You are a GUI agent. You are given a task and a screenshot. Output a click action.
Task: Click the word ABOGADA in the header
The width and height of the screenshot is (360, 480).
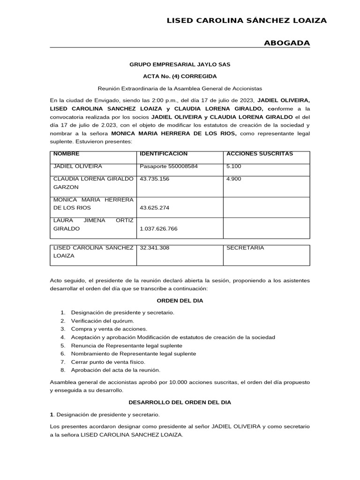[287, 43]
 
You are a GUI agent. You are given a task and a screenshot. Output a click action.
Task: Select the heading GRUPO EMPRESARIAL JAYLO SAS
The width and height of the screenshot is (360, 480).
[180, 64]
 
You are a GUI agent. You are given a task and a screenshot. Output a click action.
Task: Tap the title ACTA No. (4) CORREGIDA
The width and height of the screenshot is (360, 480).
[180, 76]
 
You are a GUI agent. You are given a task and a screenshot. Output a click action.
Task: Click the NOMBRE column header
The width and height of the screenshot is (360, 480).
[67, 154]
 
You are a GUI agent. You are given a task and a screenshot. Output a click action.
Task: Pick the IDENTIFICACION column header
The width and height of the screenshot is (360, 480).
[164, 154]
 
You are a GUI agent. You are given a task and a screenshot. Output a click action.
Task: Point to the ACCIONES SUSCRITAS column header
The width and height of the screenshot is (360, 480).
[259, 154]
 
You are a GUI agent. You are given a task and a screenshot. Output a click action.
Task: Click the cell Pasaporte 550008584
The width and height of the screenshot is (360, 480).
[169, 166]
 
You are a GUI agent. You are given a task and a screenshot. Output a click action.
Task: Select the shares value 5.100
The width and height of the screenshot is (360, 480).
[234, 166]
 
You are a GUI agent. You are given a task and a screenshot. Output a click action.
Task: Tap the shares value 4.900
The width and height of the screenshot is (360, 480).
[234, 179]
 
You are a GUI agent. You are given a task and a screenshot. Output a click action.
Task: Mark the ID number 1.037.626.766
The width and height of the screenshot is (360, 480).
[158, 229]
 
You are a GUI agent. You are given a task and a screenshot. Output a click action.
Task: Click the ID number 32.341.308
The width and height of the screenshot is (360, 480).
[153, 248]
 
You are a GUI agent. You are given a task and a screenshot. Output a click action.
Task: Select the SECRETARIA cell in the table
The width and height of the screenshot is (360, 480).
[245, 248]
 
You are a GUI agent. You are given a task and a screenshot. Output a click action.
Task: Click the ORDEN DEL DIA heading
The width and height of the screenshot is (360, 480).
[180, 300]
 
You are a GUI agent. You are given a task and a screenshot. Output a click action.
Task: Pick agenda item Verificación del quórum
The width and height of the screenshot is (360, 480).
[102, 321]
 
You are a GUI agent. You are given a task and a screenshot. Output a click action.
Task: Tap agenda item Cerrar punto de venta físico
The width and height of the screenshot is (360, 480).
[108, 362]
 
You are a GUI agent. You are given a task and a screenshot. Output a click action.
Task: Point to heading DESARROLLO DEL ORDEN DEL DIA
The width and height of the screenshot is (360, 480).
[180, 402]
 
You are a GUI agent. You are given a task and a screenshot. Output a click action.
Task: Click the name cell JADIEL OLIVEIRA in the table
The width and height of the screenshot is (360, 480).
[78, 166]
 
